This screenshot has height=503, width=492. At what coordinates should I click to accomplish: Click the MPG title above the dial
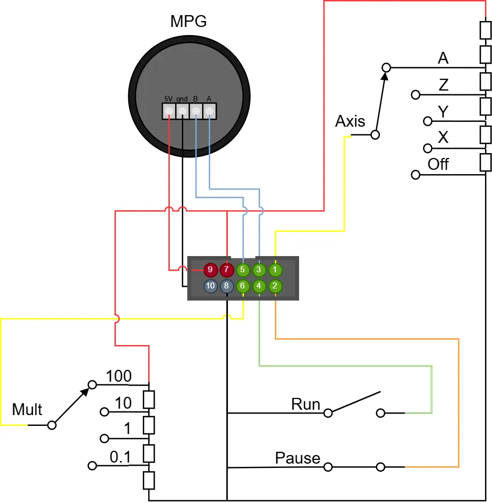pos(188,22)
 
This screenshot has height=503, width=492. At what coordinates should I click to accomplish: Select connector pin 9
pos(210,270)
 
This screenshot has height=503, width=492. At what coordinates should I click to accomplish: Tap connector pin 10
pos(210,286)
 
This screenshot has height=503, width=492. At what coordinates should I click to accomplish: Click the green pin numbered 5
pos(242,270)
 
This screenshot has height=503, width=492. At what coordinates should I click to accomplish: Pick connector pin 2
pos(275,286)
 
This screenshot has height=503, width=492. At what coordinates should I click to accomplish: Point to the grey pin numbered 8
pos(226,286)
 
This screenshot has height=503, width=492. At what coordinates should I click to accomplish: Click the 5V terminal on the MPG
pos(169,111)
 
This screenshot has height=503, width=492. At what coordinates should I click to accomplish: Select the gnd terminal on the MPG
pos(182,111)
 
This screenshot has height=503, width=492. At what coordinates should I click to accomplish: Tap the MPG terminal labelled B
pos(196,111)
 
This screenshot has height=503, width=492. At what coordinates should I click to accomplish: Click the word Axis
pos(350,121)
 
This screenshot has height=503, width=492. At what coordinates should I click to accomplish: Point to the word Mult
pos(27,409)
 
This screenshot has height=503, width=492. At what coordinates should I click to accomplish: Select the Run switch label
pos(306,404)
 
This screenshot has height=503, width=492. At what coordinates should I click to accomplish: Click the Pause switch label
pos(297,458)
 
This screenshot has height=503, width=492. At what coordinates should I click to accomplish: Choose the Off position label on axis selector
pos(438,164)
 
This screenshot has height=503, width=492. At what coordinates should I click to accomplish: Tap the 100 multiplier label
pos(119,376)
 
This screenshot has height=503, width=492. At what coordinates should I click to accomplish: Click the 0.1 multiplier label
pos(120,457)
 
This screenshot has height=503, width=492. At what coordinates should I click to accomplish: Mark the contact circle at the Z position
pos(415,95)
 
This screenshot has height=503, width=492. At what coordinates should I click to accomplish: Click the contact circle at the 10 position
pos(104,411)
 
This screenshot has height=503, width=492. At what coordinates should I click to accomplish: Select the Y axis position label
pos(443,112)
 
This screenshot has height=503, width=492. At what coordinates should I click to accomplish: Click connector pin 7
pos(226,270)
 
